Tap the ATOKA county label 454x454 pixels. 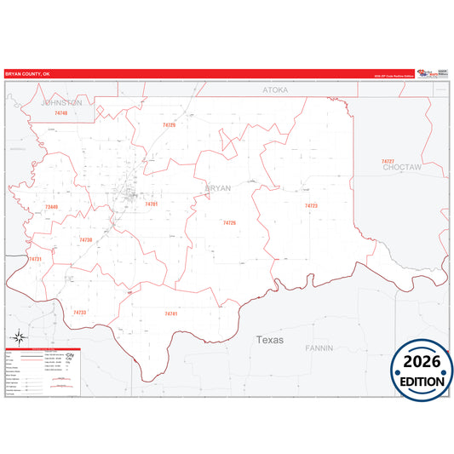pyautogui.click(x=275, y=89)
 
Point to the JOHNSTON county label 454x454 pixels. pyautogui.click(x=61, y=102)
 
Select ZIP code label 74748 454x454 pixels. pyautogui.click(x=60, y=112)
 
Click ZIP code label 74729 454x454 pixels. pyautogui.click(x=169, y=125)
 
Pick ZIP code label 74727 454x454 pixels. pyautogui.click(x=388, y=161)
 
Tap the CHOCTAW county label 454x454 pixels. pyautogui.click(x=402, y=169)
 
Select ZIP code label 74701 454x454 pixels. pyautogui.click(x=151, y=204)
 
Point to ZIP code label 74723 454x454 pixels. pyautogui.click(x=311, y=205)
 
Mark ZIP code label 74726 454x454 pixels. pyautogui.click(x=228, y=223)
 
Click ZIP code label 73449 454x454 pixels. pyautogui.click(x=51, y=207)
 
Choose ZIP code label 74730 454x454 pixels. pyautogui.click(x=85, y=240)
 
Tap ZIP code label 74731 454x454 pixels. pyautogui.click(x=34, y=259)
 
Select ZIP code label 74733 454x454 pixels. pyautogui.click(x=79, y=313)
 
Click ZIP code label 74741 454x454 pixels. pyautogui.click(x=170, y=313)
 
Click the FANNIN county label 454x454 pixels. pyautogui.click(x=319, y=348)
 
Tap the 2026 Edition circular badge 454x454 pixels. pyautogui.click(x=422, y=373)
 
